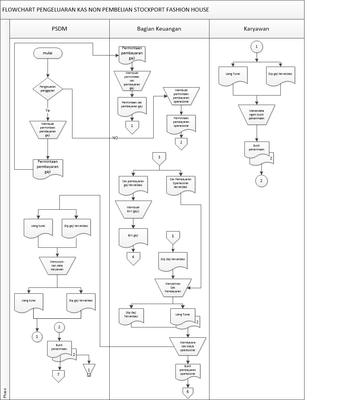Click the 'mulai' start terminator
click(x=48, y=53)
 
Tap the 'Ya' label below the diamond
click(x=48, y=110)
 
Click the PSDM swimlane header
click(x=59, y=29)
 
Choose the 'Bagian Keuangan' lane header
click(x=159, y=29)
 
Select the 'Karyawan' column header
click(x=257, y=29)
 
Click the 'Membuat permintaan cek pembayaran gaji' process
click(x=132, y=80)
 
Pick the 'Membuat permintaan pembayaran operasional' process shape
click(x=181, y=95)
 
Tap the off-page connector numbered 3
click(x=159, y=158)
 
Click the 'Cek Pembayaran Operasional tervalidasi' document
click(x=181, y=185)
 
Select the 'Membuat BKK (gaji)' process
click(x=133, y=209)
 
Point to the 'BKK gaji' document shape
click(x=133, y=237)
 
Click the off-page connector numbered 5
click(x=173, y=237)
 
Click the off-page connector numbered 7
click(x=58, y=374)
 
